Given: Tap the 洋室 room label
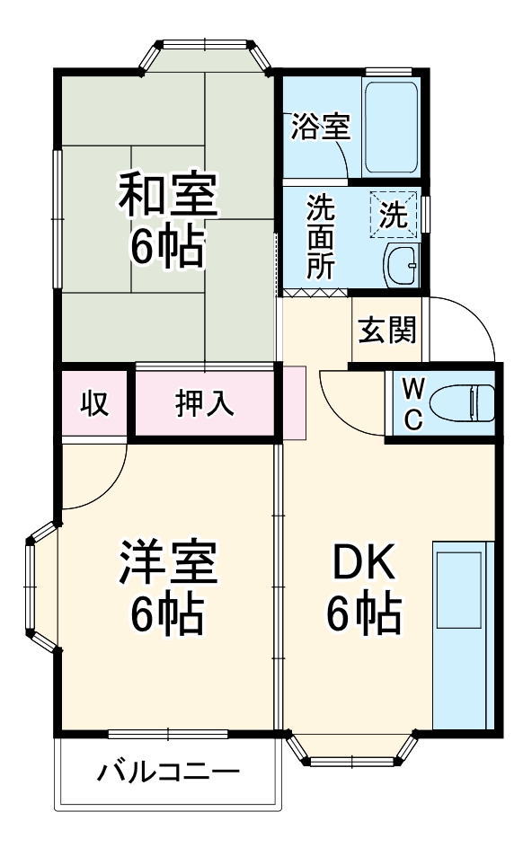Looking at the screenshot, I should (168, 561).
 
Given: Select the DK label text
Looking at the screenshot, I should (364, 563).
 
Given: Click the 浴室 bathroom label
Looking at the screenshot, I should (320, 127).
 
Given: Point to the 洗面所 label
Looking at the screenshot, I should (320, 236).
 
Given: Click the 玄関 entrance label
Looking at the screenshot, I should (388, 330).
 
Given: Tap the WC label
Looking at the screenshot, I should (412, 403).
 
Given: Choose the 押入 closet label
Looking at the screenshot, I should (204, 403).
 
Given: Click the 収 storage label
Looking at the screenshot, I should (95, 403).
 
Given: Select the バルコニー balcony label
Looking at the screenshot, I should (170, 771).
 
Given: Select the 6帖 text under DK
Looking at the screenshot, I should (364, 614).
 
